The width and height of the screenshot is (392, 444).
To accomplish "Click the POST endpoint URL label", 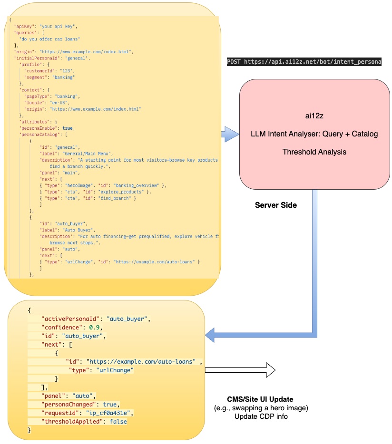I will (304, 62).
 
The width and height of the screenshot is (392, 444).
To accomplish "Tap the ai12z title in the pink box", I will (314, 116).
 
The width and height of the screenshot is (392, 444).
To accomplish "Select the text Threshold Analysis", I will (314, 152).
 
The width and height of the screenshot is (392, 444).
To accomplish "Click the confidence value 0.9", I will (93, 328).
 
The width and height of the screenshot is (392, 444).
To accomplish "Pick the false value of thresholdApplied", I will (118, 421).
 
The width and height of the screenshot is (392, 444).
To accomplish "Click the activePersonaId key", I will (71, 319).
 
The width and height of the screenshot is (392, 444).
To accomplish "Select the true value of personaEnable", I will (68, 128).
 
